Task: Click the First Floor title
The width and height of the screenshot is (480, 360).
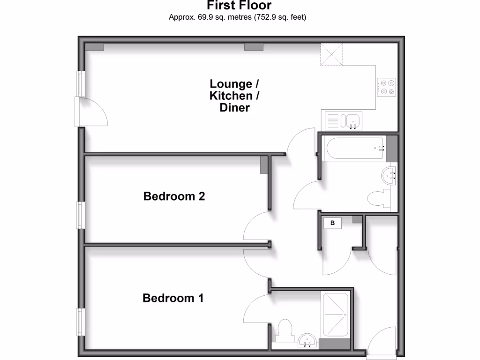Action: point(240,6)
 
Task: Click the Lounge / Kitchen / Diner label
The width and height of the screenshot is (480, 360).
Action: point(234,96)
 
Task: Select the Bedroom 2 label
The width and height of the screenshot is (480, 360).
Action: point(174,196)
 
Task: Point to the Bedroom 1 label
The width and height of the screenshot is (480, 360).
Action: point(173,298)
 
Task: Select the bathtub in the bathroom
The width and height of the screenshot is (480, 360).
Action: point(355,148)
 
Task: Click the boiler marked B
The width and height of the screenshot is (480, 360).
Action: point(333,223)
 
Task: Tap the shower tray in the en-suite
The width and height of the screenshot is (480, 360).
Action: point(335,315)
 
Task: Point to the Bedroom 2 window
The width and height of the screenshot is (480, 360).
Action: point(81,215)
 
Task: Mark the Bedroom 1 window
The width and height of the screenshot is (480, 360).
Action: point(81,322)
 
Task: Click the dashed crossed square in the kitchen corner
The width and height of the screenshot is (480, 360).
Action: point(331,54)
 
